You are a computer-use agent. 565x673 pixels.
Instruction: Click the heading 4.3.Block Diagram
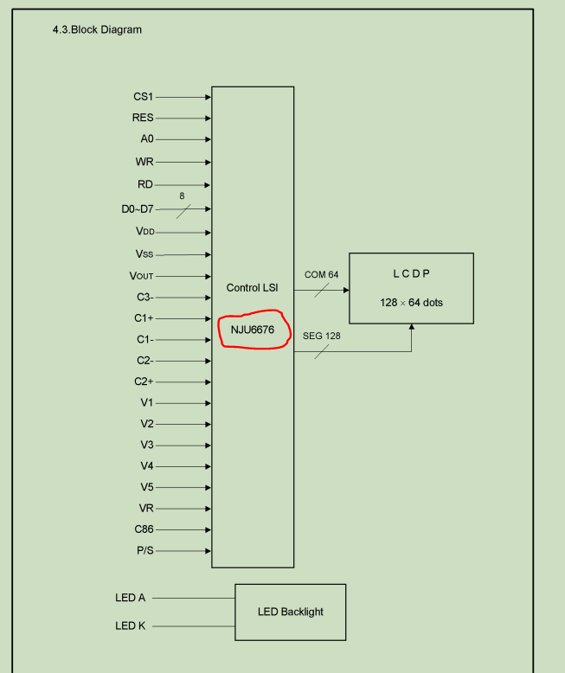pos(98,30)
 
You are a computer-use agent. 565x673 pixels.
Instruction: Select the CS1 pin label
pos(144,97)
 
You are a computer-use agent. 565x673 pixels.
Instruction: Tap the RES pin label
pos(143,119)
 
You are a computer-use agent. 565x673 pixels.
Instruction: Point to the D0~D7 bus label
pos(137,208)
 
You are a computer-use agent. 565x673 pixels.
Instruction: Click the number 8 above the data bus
pos(182,196)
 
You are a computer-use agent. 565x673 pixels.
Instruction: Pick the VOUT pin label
pos(141,277)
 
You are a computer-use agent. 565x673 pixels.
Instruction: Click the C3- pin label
pos(144,297)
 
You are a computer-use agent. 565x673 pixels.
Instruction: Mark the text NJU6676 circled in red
pos(254,330)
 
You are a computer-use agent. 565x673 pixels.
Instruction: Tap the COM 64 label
pos(321,275)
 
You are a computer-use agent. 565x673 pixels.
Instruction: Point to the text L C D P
pos(411,274)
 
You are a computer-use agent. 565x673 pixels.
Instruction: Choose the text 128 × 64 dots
pos(411,303)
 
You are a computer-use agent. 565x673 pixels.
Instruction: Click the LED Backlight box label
pos(291,612)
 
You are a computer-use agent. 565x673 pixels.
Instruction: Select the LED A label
pos(131,598)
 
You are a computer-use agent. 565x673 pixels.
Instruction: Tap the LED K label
pos(131,625)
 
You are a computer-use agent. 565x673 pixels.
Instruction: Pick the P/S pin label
pos(144,551)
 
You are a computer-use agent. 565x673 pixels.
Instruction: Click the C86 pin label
pos(144,529)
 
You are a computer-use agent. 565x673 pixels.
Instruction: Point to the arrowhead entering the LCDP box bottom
pos(412,327)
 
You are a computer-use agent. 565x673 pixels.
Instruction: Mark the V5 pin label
pos(147,487)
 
